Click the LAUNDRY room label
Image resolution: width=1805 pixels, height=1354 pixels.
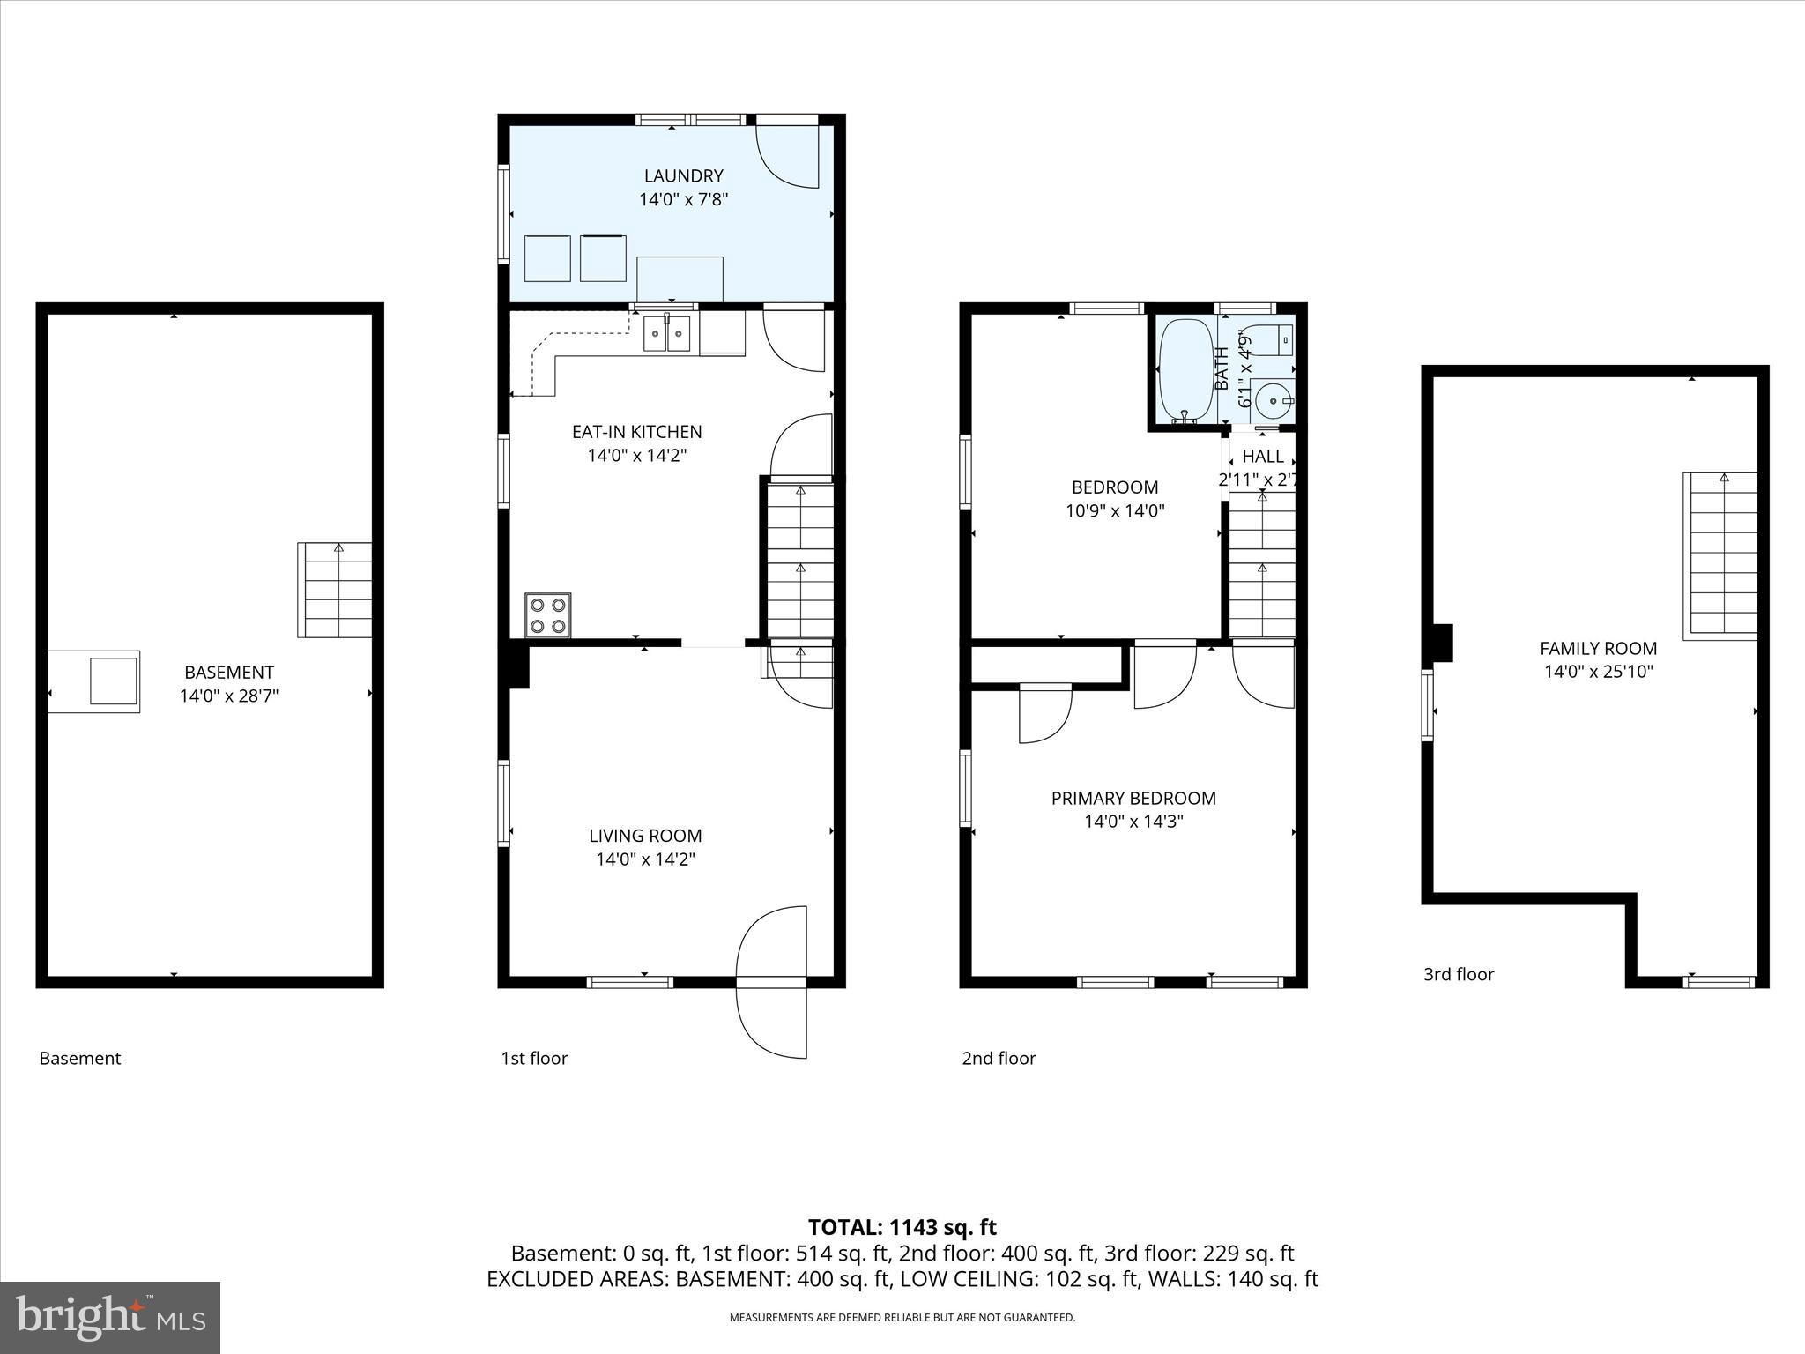click(683, 176)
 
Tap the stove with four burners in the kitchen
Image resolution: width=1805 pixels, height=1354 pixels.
click(547, 615)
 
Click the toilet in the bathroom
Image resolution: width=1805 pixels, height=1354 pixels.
click(1273, 339)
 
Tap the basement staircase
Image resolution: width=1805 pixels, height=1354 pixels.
click(335, 590)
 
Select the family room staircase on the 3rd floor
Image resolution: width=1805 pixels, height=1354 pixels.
click(1720, 555)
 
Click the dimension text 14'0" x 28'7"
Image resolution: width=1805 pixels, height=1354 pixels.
click(229, 696)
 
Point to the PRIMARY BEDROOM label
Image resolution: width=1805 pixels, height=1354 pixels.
click(1133, 799)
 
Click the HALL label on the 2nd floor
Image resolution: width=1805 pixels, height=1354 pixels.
click(1262, 457)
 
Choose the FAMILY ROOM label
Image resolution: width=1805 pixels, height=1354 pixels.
click(1598, 649)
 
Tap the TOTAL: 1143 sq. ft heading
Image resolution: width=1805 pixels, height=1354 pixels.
click(902, 1227)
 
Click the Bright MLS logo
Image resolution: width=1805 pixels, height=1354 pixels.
click(110, 1318)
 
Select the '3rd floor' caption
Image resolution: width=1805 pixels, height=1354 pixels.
click(1459, 974)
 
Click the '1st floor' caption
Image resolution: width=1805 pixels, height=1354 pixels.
click(534, 1058)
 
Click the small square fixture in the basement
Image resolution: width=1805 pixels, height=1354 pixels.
click(114, 681)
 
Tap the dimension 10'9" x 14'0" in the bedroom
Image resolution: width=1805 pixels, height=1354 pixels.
click(1115, 510)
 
